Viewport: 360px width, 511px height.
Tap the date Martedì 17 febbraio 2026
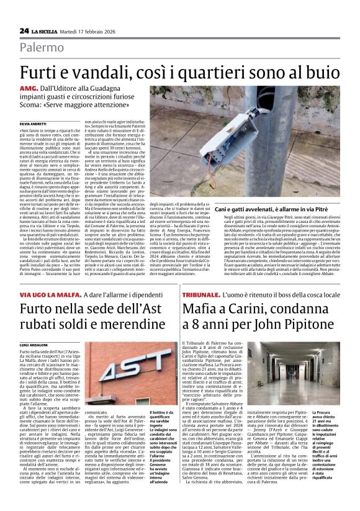(x=95, y=30)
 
